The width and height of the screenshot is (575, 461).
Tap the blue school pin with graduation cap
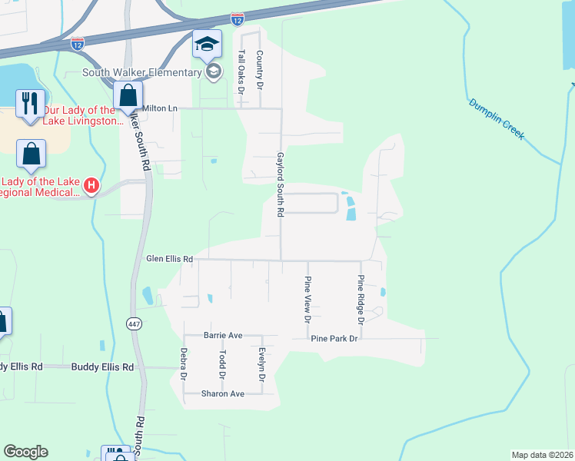point(207,45)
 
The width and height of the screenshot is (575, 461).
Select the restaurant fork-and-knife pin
point(31,103)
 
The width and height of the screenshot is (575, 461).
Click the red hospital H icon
point(91,185)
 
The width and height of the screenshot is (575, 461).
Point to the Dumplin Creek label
point(496,118)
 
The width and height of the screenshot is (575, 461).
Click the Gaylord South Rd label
point(281,183)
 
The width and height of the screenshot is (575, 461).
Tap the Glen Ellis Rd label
point(169,260)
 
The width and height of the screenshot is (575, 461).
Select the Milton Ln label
point(160,109)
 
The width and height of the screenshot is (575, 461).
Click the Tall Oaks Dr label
point(241,71)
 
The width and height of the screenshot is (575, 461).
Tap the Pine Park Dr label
point(334,338)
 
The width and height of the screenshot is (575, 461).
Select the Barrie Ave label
point(223,336)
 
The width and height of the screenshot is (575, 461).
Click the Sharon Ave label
point(222,393)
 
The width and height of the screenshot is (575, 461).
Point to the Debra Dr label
point(184,365)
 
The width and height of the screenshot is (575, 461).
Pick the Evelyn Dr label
point(262,365)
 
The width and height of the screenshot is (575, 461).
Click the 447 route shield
point(134,324)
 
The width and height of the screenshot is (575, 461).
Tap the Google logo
point(25,452)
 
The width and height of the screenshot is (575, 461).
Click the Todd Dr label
point(222,365)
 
